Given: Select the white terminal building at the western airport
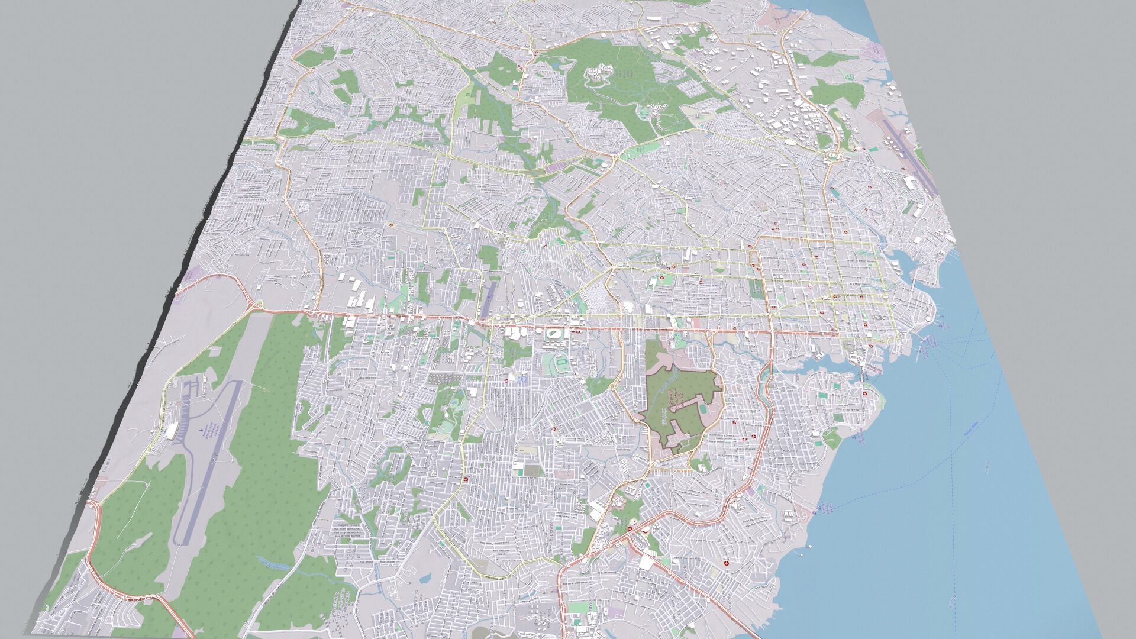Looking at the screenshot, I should point(171,430).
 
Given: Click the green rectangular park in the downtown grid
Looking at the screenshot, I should point(756,288).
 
